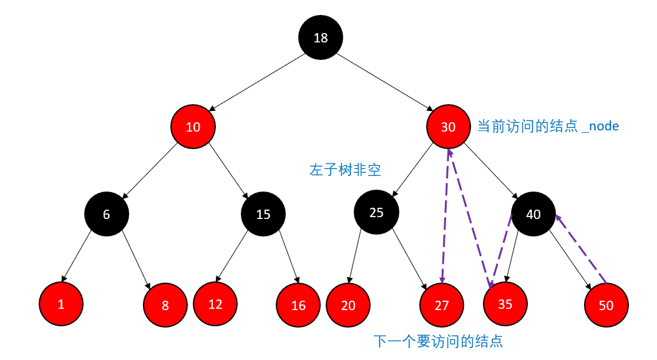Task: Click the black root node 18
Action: [x=321, y=38]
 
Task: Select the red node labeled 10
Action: [x=193, y=127]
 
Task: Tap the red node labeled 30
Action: [x=449, y=127]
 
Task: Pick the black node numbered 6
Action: [x=107, y=214]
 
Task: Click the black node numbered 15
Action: [x=263, y=214]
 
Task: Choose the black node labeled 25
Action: [x=376, y=212]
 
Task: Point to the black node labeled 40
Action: [x=533, y=214]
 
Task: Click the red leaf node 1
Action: [x=61, y=304]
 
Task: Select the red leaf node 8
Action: [x=165, y=305]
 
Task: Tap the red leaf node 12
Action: [x=215, y=304]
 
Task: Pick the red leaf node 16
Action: [x=298, y=305]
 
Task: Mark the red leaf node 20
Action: [x=349, y=305]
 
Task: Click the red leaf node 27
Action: [x=442, y=305]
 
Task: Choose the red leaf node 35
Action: [x=505, y=304]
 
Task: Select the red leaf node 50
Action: [x=606, y=305]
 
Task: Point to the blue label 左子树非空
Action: [x=345, y=169]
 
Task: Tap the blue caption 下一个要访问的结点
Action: [x=438, y=341]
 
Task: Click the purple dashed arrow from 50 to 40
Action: [x=582, y=248]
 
